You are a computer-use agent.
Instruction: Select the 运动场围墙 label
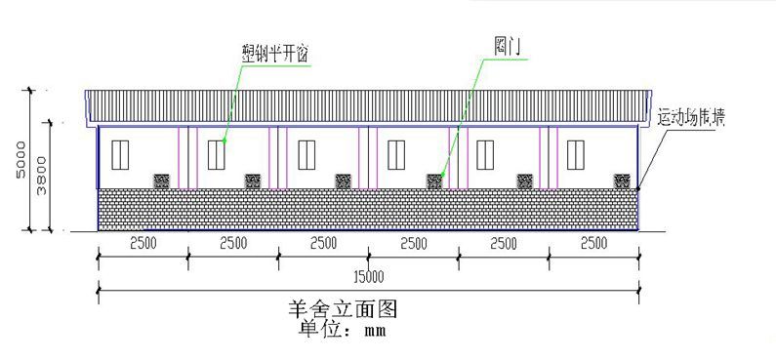click(691, 119)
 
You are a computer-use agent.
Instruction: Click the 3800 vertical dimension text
click(43, 177)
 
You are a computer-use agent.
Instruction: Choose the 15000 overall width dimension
click(368, 275)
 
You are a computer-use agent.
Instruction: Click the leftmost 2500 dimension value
click(143, 243)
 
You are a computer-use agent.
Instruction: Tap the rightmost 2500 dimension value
click(593, 243)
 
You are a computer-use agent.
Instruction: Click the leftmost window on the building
click(122, 153)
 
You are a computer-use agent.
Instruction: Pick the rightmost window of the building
click(576, 153)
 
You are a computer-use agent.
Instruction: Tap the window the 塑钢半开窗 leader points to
click(216, 153)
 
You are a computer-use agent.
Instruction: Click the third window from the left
click(306, 153)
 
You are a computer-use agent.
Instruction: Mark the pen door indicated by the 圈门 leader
click(435, 180)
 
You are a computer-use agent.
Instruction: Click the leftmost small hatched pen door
click(162, 180)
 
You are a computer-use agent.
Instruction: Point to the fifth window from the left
click(486, 153)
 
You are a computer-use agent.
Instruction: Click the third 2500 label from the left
click(323, 243)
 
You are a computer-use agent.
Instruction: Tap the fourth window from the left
click(396, 153)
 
